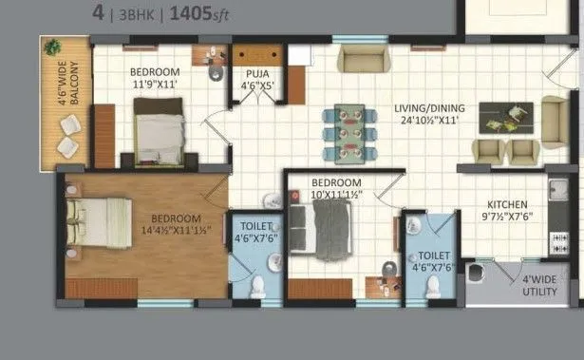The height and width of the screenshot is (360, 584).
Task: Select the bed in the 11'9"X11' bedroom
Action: (159, 129)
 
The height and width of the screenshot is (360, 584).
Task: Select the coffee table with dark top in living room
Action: (504, 118)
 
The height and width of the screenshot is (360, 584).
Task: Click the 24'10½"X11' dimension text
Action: (427, 121)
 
